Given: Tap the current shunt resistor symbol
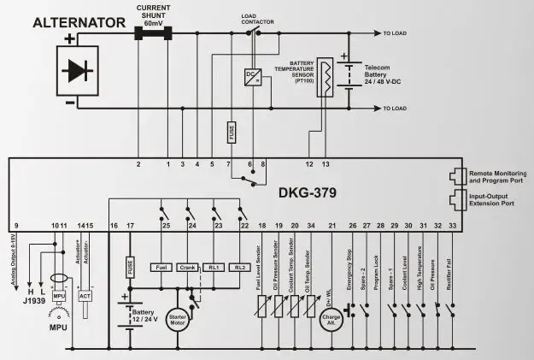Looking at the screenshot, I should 153,34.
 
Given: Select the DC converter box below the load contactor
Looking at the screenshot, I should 253,75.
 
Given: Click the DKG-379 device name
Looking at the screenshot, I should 305,192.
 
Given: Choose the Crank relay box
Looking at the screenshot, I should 189,268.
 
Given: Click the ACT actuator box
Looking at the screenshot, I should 85,295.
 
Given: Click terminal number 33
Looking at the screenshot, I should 452,226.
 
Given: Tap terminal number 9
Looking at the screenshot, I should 16,226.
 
